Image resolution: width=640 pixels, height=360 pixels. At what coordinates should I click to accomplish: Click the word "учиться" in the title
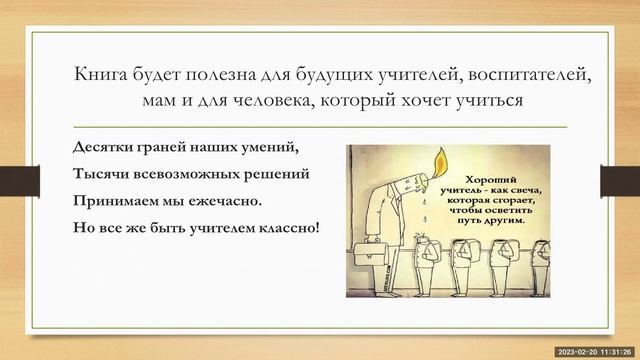(488, 102)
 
